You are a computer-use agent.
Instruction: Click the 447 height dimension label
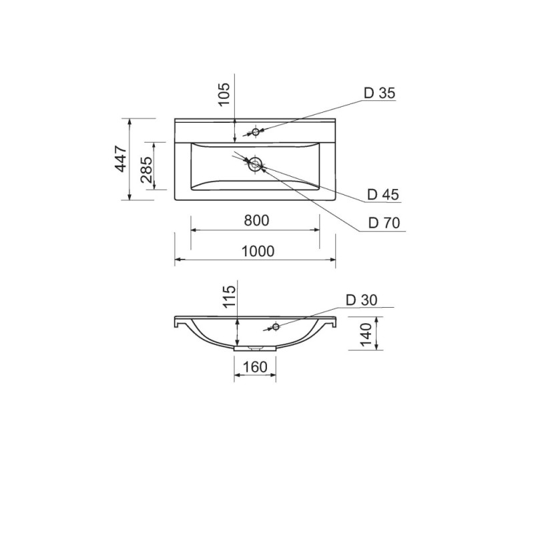pyautogui.click(x=121, y=159)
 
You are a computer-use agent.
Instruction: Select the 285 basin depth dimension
pyautogui.click(x=146, y=170)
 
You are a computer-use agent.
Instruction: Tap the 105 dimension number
pyautogui.click(x=224, y=94)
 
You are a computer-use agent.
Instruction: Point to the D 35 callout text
pyautogui.click(x=379, y=93)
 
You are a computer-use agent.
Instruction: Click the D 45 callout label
pyautogui.click(x=382, y=194)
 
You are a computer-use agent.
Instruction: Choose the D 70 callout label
pyautogui.click(x=384, y=223)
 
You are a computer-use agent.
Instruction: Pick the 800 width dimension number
pyautogui.click(x=256, y=220)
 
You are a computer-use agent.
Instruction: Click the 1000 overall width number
pyautogui.click(x=258, y=252)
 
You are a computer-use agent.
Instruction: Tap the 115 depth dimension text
pyautogui.click(x=229, y=296)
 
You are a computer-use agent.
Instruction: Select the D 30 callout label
pyautogui.click(x=362, y=300)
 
